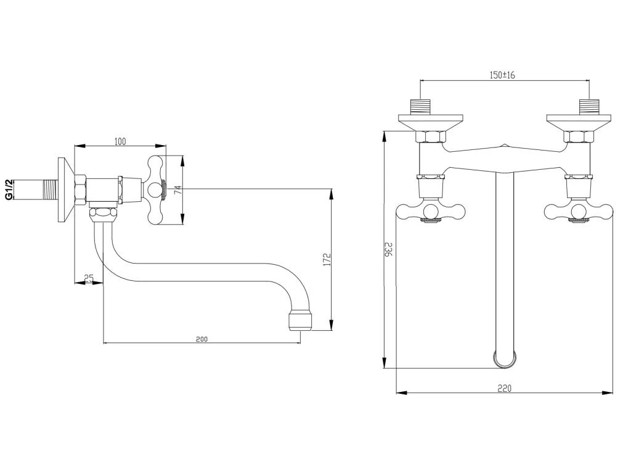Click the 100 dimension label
point(120,142)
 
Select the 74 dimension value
point(177,191)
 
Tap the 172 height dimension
point(327,259)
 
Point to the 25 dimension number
point(89,279)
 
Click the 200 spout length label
point(202,339)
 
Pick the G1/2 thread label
point(9,189)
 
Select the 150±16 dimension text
point(502,75)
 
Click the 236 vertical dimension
point(388,249)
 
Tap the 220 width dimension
point(505,388)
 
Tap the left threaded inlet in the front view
point(421,106)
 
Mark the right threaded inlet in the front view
point(590,106)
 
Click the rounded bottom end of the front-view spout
point(504,359)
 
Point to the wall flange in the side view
point(64,189)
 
